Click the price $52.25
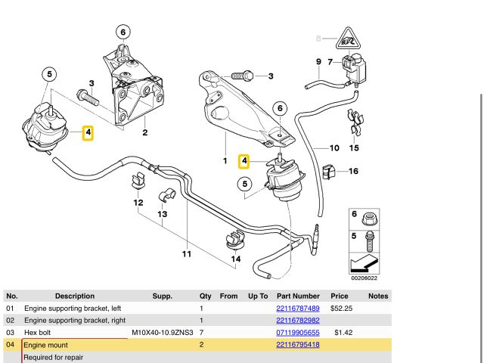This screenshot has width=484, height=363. pos(340,309)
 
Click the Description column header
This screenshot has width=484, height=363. pos(75,296)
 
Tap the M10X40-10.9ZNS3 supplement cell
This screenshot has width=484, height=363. pos(163,333)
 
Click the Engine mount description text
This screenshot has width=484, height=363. pos(46,345)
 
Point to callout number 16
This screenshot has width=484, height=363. pos(353,171)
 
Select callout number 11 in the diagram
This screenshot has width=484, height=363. pos(186,254)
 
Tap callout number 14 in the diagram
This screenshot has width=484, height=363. pos(236,259)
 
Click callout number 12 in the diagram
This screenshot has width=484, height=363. pos(138,203)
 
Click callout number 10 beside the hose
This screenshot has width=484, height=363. pos(334,147)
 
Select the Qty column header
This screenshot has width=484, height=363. pos(205,296)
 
